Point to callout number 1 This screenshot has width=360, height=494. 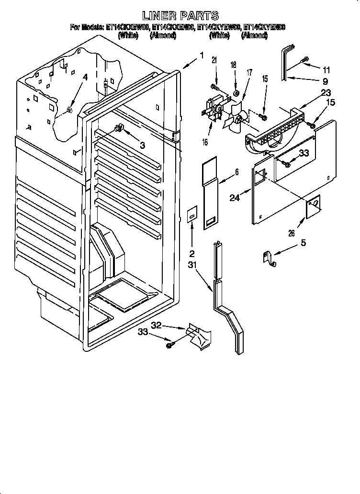[202, 56]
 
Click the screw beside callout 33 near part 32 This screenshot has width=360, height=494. [169, 344]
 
